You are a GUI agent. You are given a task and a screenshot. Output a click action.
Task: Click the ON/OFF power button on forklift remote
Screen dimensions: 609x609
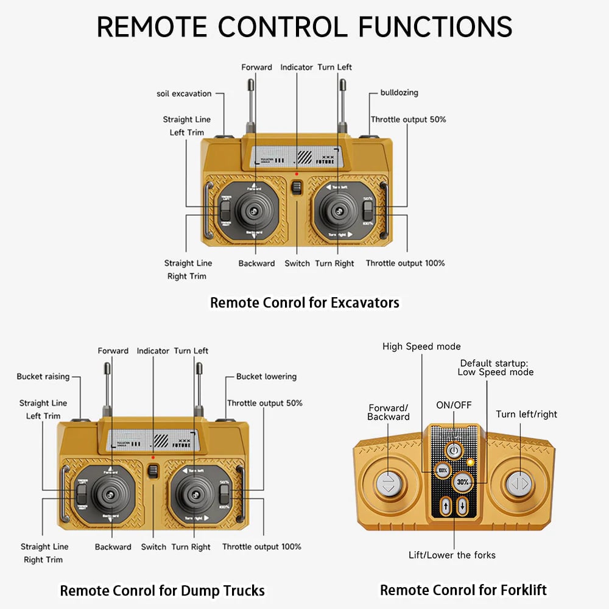tap(452, 451)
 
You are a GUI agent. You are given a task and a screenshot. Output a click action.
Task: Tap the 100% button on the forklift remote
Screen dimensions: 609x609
tap(443, 471)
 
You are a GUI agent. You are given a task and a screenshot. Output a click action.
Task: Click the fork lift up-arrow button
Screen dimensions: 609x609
tap(446, 505)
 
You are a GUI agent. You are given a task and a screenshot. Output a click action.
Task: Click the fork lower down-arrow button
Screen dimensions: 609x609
tap(462, 505)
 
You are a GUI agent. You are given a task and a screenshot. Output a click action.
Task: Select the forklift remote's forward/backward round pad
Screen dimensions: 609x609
tap(389, 484)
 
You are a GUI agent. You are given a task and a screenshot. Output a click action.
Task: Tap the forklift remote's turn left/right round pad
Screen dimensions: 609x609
tap(518, 484)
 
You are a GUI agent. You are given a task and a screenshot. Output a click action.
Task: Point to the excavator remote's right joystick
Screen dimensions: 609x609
tap(337, 210)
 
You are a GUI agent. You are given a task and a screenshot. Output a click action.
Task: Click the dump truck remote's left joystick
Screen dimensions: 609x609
tap(111, 495)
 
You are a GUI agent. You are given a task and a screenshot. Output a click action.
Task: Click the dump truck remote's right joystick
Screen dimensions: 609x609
tap(194, 495)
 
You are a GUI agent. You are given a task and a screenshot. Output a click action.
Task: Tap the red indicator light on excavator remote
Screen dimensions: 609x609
tap(297, 174)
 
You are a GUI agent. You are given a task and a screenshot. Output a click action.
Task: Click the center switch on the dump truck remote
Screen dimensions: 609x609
tap(153, 471)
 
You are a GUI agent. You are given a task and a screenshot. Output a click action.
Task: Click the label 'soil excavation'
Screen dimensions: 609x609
tap(184, 94)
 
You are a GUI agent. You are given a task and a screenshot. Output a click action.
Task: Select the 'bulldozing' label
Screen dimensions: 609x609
tap(399, 93)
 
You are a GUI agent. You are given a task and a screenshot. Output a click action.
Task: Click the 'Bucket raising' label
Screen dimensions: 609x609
tap(43, 376)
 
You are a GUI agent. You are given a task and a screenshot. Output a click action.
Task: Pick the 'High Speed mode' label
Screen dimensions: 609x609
tap(421, 347)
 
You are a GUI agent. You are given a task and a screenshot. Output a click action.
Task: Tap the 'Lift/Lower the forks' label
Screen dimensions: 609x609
tap(452, 555)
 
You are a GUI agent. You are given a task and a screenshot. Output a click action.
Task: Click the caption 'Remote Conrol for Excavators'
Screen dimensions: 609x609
tap(304, 303)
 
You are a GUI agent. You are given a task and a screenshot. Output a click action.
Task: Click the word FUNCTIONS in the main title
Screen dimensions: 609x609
tap(435, 27)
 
